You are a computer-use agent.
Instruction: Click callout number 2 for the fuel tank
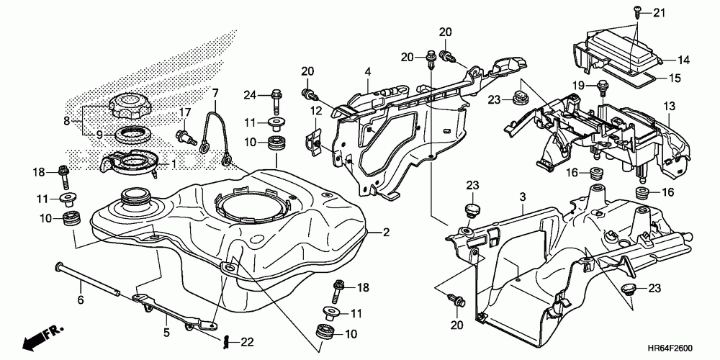click(386, 233)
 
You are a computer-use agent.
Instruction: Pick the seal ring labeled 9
click(132, 134)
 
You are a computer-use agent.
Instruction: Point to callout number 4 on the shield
click(366, 71)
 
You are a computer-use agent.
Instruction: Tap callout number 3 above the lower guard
click(523, 197)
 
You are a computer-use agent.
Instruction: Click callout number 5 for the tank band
click(166, 333)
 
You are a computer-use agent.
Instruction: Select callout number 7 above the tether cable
click(214, 92)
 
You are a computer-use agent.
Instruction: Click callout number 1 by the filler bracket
click(173, 163)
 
